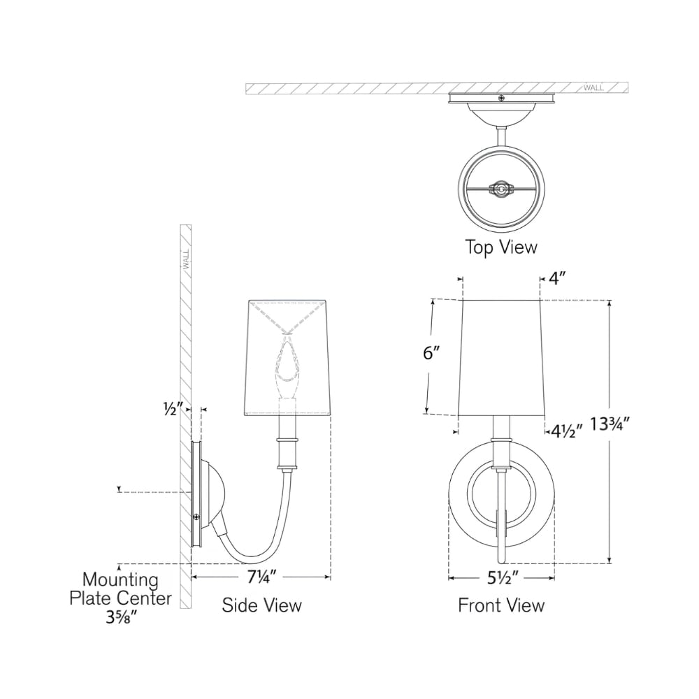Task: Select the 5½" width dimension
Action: [502, 578]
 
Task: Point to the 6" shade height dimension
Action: [431, 353]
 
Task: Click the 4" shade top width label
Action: [557, 279]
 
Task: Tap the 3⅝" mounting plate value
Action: [121, 617]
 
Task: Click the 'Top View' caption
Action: [501, 247]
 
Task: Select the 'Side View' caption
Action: [262, 605]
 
